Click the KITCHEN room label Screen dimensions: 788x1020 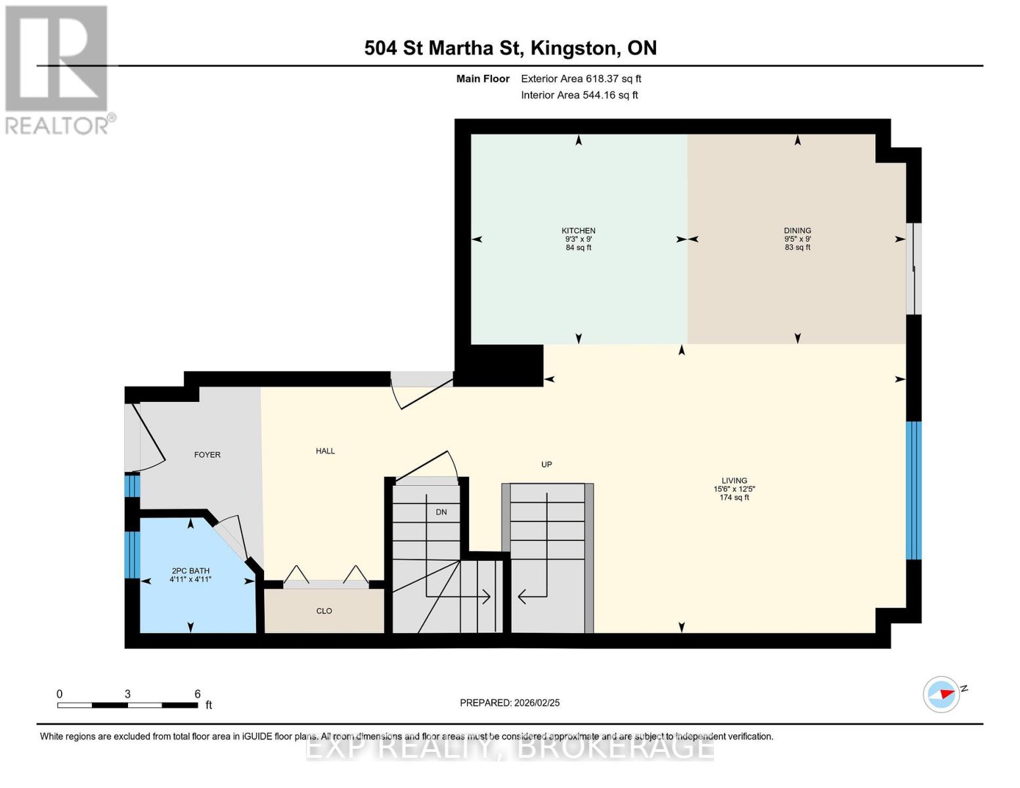click(x=578, y=230)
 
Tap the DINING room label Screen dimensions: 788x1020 click(x=797, y=230)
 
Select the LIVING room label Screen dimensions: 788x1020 click(x=734, y=481)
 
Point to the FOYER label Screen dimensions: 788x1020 click(x=207, y=454)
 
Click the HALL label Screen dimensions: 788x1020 click(x=325, y=451)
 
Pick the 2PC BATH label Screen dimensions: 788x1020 click(x=190, y=571)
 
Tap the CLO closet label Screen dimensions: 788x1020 click(x=324, y=611)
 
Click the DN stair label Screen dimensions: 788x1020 click(x=441, y=512)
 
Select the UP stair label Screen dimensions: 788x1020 click(x=546, y=464)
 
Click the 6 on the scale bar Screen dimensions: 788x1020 click(x=197, y=694)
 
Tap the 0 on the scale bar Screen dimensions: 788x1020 click(x=60, y=694)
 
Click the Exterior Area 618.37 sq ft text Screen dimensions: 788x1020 click(x=581, y=79)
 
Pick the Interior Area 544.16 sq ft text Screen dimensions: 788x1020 click(x=579, y=95)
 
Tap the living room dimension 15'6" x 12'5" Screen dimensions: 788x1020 click(x=734, y=489)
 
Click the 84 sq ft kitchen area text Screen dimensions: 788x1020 click(x=578, y=248)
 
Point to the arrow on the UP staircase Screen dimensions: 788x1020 click(x=523, y=596)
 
